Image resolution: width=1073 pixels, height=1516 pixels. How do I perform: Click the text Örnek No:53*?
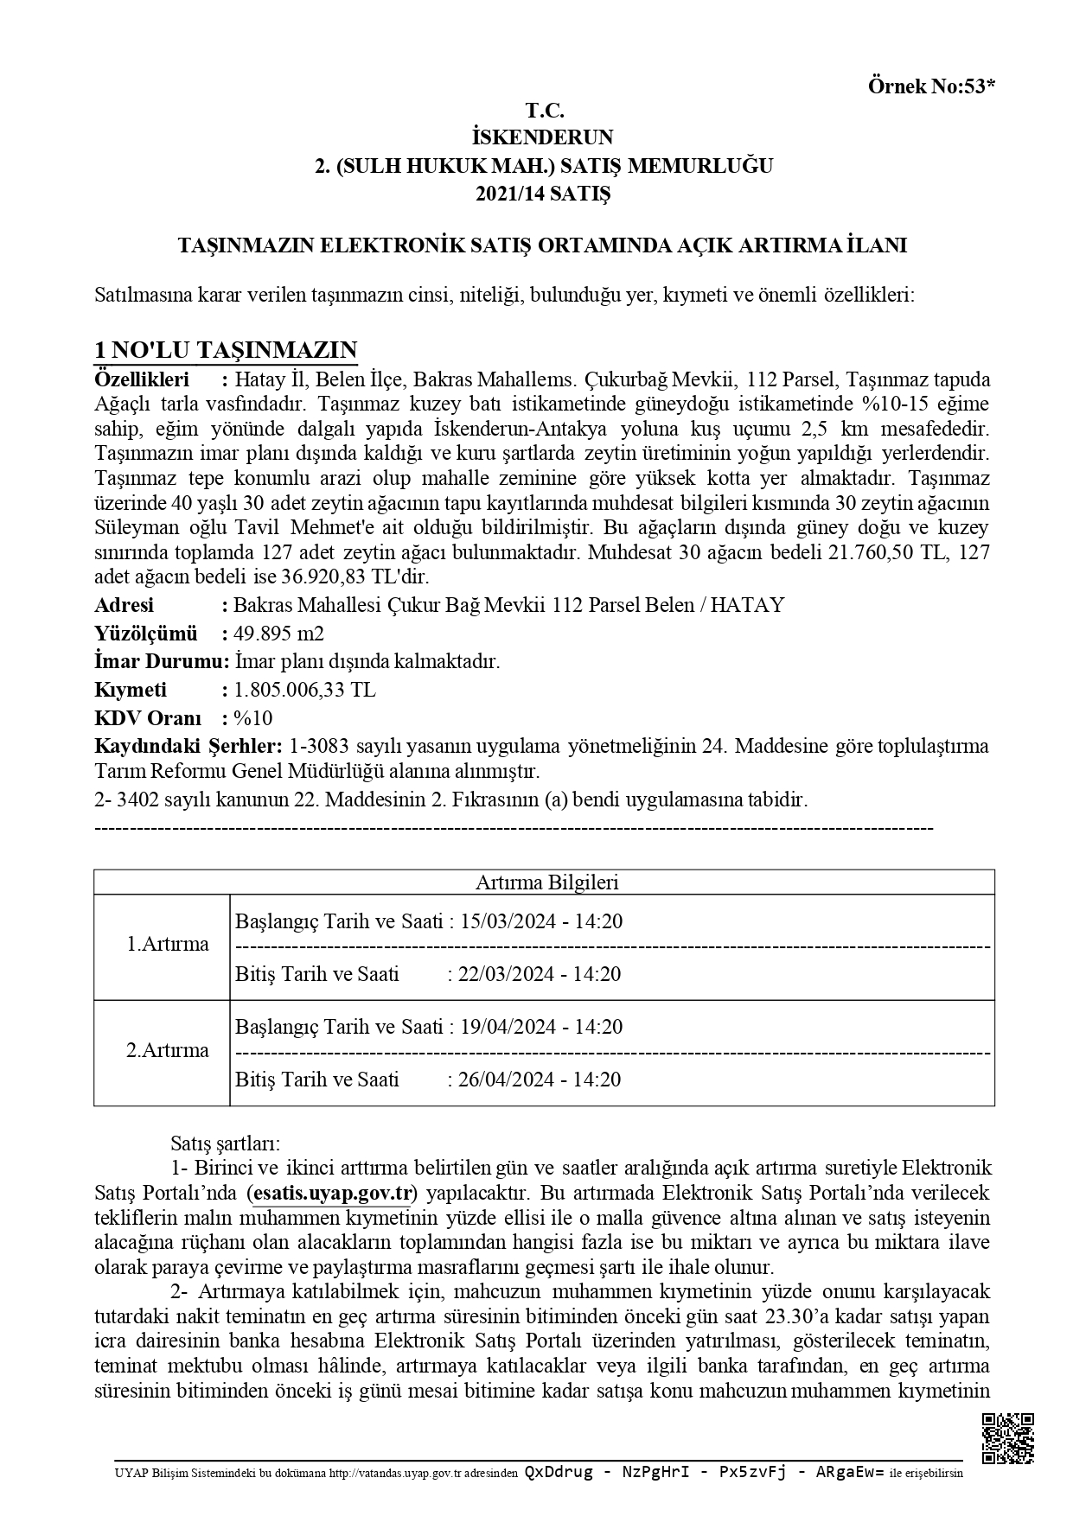[932, 86]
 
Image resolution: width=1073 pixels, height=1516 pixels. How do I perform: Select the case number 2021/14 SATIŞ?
[542, 194]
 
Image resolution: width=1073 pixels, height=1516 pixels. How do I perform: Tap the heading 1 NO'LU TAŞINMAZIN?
[226, 350]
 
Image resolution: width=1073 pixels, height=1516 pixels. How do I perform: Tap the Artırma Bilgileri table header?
[546, 882]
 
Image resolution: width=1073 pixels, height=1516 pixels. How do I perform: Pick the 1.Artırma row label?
[168, 944]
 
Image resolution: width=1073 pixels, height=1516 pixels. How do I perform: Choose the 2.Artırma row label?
[168, 1050]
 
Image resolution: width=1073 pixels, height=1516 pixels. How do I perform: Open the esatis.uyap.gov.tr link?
[332, 1194]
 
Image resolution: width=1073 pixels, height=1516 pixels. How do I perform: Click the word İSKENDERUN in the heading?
[543, 137]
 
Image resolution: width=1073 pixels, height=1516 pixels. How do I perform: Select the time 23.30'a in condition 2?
[795, 1317]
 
